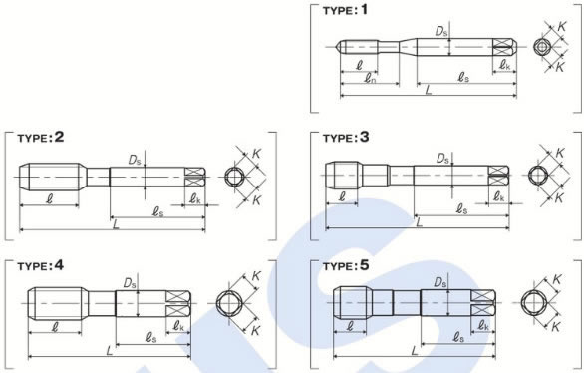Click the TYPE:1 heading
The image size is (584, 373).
[x=345, y=10]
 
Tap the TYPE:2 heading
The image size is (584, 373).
[x=41, y=138]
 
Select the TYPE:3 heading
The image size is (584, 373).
[x=346, y=138]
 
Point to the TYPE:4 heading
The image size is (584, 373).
[x=41, y=266]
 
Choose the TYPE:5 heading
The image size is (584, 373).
[x=346, y=266]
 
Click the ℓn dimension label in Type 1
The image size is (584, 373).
[x=370, y=78]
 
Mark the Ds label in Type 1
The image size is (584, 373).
[x=441, y=32]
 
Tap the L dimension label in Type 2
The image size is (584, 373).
[x=116, y=224]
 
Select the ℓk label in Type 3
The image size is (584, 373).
[x=499, y=196]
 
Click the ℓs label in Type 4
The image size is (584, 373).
[x=150, y=338]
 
